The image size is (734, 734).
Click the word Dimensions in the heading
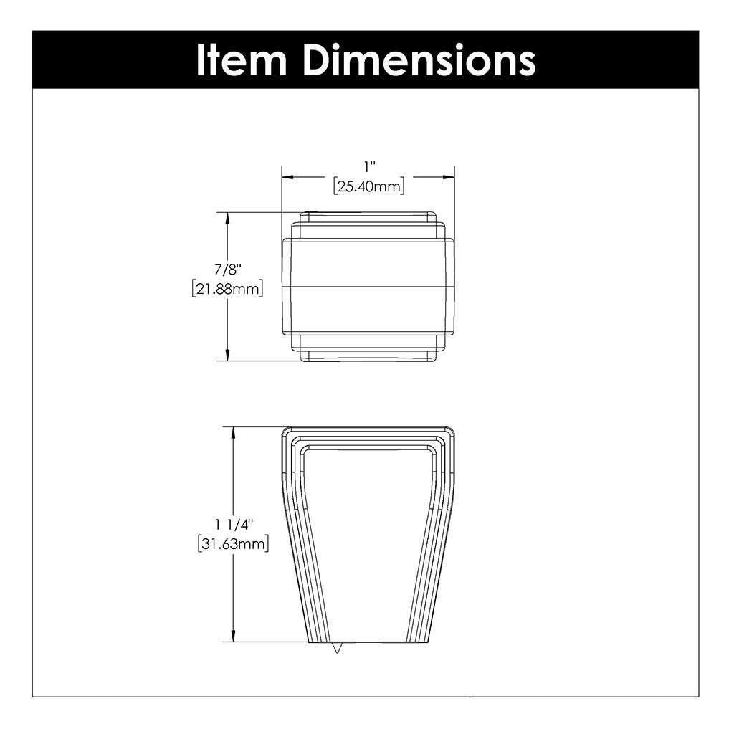pyautogui.click(x=419, y=60)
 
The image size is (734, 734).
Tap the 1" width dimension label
pyautogui.click(x=369, y=167)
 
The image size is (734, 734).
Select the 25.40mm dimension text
pyautogui.click(x=369, y=187)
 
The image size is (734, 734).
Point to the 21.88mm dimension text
pyautogui.click(x=228, y=289)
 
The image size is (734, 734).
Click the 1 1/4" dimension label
pyautogui.click(x=233, y=525)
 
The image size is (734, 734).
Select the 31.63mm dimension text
pyautogui.click(x=233, y=544)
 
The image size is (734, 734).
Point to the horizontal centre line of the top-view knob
pyautogui.click(x=368, y=286)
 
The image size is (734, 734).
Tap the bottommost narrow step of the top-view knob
pyautogui.click(x=368, y=356)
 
